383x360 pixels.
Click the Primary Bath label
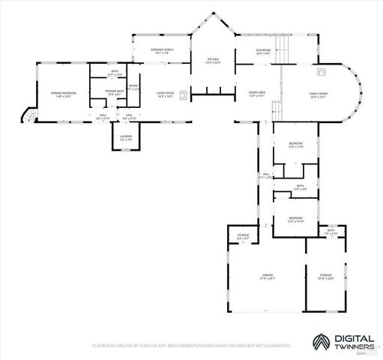(x=115, y=92)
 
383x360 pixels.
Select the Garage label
(x=268, y=277)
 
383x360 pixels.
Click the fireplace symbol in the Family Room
(x=322, y=73)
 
